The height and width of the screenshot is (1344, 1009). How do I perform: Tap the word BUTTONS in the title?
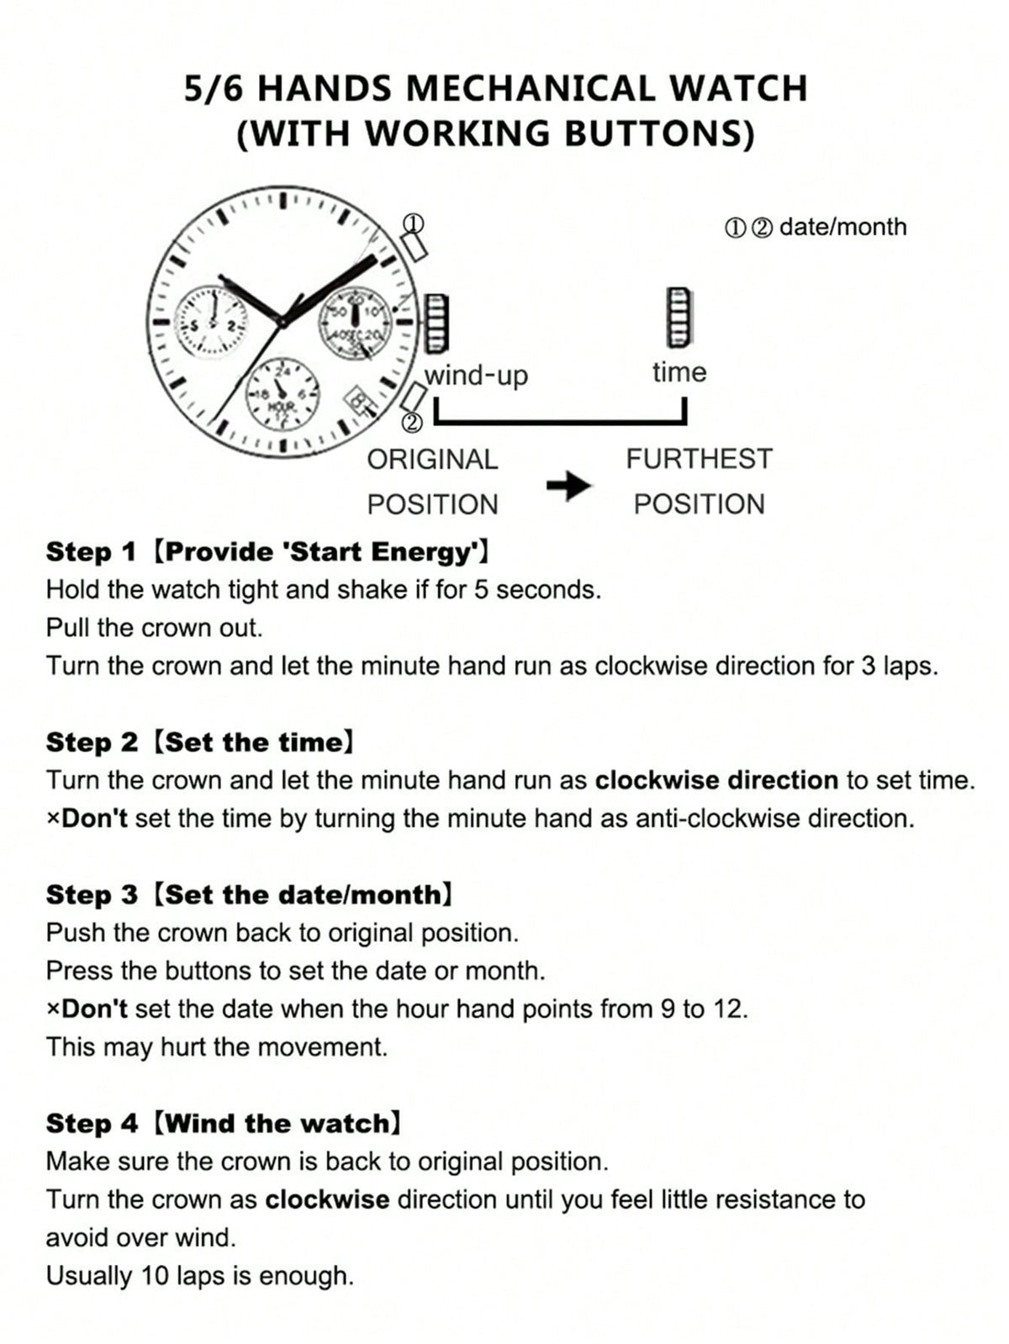(658, 133)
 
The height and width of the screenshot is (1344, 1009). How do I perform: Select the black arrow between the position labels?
(568, 486)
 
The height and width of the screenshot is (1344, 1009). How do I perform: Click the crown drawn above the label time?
(679, 317)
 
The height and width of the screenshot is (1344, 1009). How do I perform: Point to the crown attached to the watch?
(436, 323)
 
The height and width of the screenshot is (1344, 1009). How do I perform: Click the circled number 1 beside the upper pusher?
(414, 224)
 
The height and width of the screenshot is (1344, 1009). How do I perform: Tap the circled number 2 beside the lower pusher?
(413, 422)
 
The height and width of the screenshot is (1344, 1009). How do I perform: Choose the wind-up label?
(477, 376)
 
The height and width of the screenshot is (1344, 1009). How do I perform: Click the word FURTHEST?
(700, 459)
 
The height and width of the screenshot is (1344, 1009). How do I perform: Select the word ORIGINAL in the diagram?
(432, 460)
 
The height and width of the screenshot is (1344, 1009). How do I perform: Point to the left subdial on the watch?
(212, 320)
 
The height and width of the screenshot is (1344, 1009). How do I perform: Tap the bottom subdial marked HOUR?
(283, 396)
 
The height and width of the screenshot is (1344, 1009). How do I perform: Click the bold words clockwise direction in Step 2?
(716, 780)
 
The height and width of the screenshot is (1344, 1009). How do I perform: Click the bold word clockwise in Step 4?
(327, 1199)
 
